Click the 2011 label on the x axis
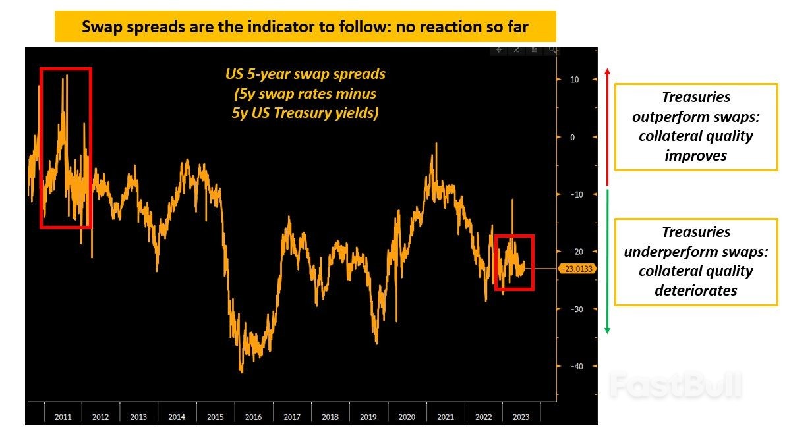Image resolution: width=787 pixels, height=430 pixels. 63,417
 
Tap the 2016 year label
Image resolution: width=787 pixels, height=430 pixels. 253,417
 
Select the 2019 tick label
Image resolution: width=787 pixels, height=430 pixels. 368,417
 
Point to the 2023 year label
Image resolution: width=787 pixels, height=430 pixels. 520,417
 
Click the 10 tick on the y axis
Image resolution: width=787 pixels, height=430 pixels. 574,80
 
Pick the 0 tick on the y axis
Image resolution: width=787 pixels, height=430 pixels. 573,137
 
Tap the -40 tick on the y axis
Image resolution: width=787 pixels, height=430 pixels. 574,366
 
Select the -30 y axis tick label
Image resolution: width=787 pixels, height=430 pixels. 574,309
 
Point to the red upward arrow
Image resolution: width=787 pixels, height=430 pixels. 608,125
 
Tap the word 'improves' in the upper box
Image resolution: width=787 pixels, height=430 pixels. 696,156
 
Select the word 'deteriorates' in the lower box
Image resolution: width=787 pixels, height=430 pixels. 696,290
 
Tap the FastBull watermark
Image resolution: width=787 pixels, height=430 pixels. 676,385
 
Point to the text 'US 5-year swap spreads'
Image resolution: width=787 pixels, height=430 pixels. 305,74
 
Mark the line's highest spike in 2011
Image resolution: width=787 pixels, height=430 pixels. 67,76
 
